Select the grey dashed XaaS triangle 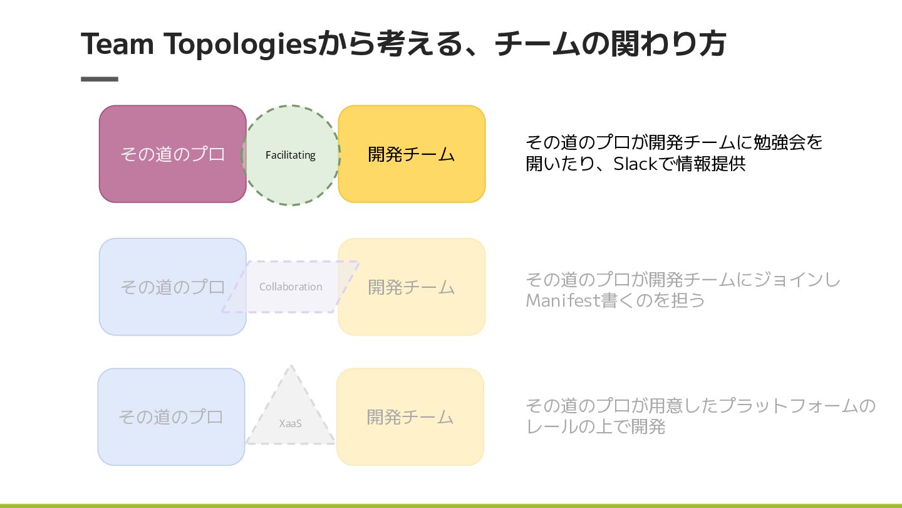pyautogui.click(x=291, y=401)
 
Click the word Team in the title pyautogui.click(x=118, y=44)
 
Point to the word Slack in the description pyautogui.click(x=635, y=164)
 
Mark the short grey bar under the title pyautogui.click(x=100, y=79)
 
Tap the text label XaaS pyautogui.click(x=291, y=423)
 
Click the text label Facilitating pyautogui.click(x=291, y=155)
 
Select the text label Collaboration pyautogui.click(x=291, y=287)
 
